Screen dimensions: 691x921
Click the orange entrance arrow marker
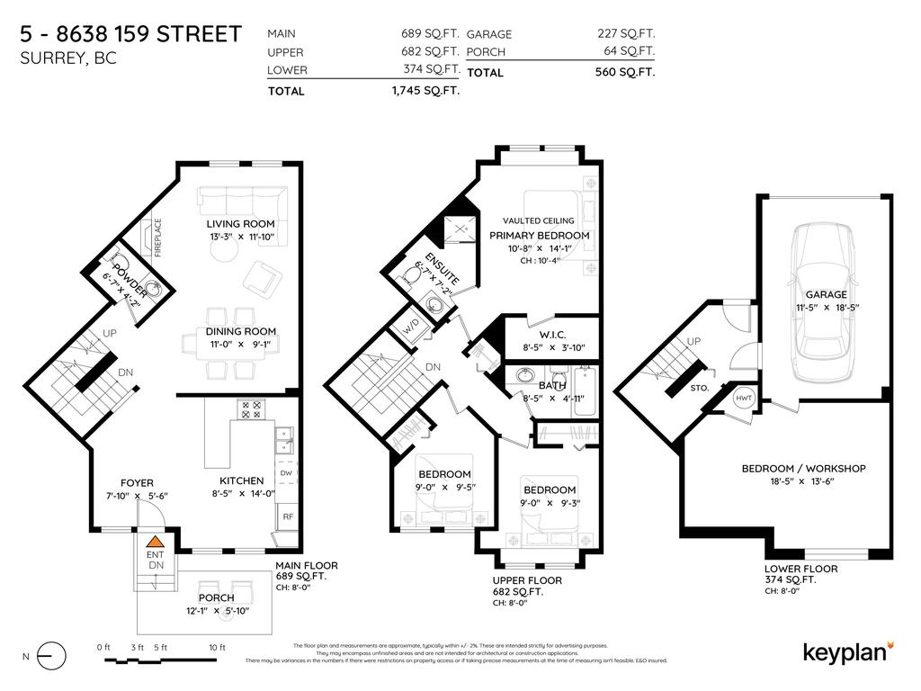155,542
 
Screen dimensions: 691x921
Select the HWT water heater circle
745,398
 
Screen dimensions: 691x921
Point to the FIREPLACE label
157,238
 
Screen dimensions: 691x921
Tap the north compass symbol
51,656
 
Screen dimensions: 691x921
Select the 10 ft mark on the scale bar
217,648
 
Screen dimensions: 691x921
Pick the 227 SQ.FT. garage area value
626,33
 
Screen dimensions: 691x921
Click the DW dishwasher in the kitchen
286,472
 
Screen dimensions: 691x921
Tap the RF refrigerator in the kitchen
288,516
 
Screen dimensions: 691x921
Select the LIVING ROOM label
240,224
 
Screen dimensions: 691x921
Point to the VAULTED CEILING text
539,220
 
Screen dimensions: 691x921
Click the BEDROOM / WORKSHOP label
803,468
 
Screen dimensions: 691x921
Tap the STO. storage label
701,388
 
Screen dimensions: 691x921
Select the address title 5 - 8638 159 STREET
130,34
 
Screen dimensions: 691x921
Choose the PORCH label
216,597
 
